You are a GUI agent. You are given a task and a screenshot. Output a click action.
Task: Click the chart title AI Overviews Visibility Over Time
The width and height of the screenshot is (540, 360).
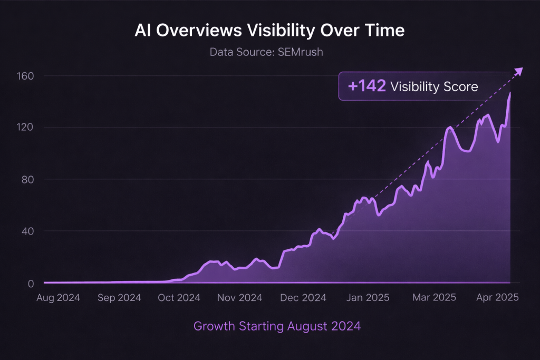click(x=269, y=31)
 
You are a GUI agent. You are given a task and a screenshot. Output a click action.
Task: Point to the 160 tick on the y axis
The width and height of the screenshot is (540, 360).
click(x=24, y=76)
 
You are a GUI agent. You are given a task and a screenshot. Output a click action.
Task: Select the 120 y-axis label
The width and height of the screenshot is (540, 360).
click(x=24, y=128)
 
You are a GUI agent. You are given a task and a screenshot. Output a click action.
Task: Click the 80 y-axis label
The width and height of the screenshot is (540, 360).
click(x=27, y=179)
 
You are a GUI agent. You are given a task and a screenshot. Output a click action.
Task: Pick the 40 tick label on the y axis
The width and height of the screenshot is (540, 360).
click(x=27, y=231)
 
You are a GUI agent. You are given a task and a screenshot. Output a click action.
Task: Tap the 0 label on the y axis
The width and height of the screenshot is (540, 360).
click(x=30, y=283)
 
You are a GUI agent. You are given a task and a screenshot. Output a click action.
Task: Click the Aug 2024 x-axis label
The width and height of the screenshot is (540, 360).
click(x=58, y=298)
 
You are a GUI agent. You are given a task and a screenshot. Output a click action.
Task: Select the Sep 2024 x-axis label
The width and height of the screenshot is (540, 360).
click(x=119, y=298)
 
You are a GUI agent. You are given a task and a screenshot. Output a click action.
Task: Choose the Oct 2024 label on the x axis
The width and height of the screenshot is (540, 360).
click(x=179, y=298)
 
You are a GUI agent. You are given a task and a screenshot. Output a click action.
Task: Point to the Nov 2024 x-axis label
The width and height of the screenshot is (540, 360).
click(x=240, y=298)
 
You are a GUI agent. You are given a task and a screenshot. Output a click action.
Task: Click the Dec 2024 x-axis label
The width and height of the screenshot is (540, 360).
click(x=304, y=298)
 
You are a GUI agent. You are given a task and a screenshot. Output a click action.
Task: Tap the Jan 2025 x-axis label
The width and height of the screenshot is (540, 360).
click(x=368, y=298)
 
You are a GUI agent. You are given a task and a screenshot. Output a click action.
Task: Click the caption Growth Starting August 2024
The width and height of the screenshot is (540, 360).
click(x=277, y=326)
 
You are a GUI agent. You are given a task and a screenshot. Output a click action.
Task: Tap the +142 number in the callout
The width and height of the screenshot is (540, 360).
click(x=367, y=86)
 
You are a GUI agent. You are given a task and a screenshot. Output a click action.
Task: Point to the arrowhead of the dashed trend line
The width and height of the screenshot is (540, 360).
click(x=519, y=71)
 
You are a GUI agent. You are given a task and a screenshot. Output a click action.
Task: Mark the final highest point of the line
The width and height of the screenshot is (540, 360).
click(x=510, y=93)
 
